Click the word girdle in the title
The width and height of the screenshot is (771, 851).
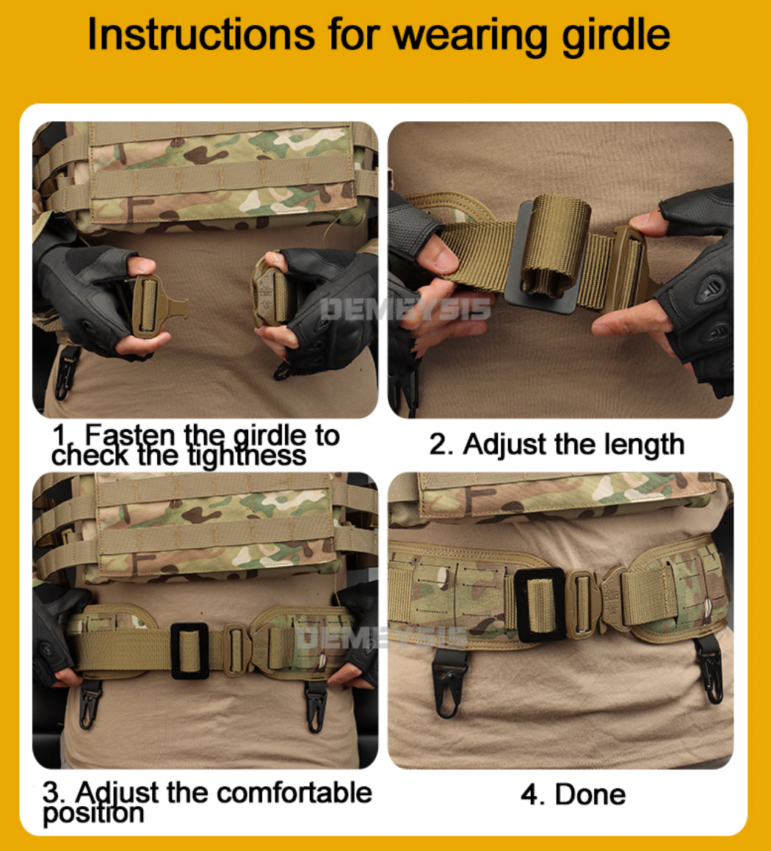pyautogui.click(x=615, y=35)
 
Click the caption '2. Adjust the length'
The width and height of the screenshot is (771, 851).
pyautogui.click(x=557, y=445)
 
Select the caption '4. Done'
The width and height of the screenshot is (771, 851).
pyautogui.click(x=573, y=794)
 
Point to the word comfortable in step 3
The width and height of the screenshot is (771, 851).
pyautogui.click(x=294, y=793)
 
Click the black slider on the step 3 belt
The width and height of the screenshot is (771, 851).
pyautogui.click(x=190, y=650)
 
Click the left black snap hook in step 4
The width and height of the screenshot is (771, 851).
pyautogui.click(x=449, y=683)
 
